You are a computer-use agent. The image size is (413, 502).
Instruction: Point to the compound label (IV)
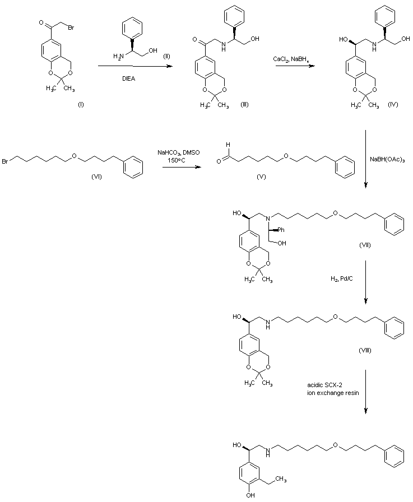393,106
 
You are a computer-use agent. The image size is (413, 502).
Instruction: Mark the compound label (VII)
365,246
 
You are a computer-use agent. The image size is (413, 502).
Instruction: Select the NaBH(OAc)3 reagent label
387,160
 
